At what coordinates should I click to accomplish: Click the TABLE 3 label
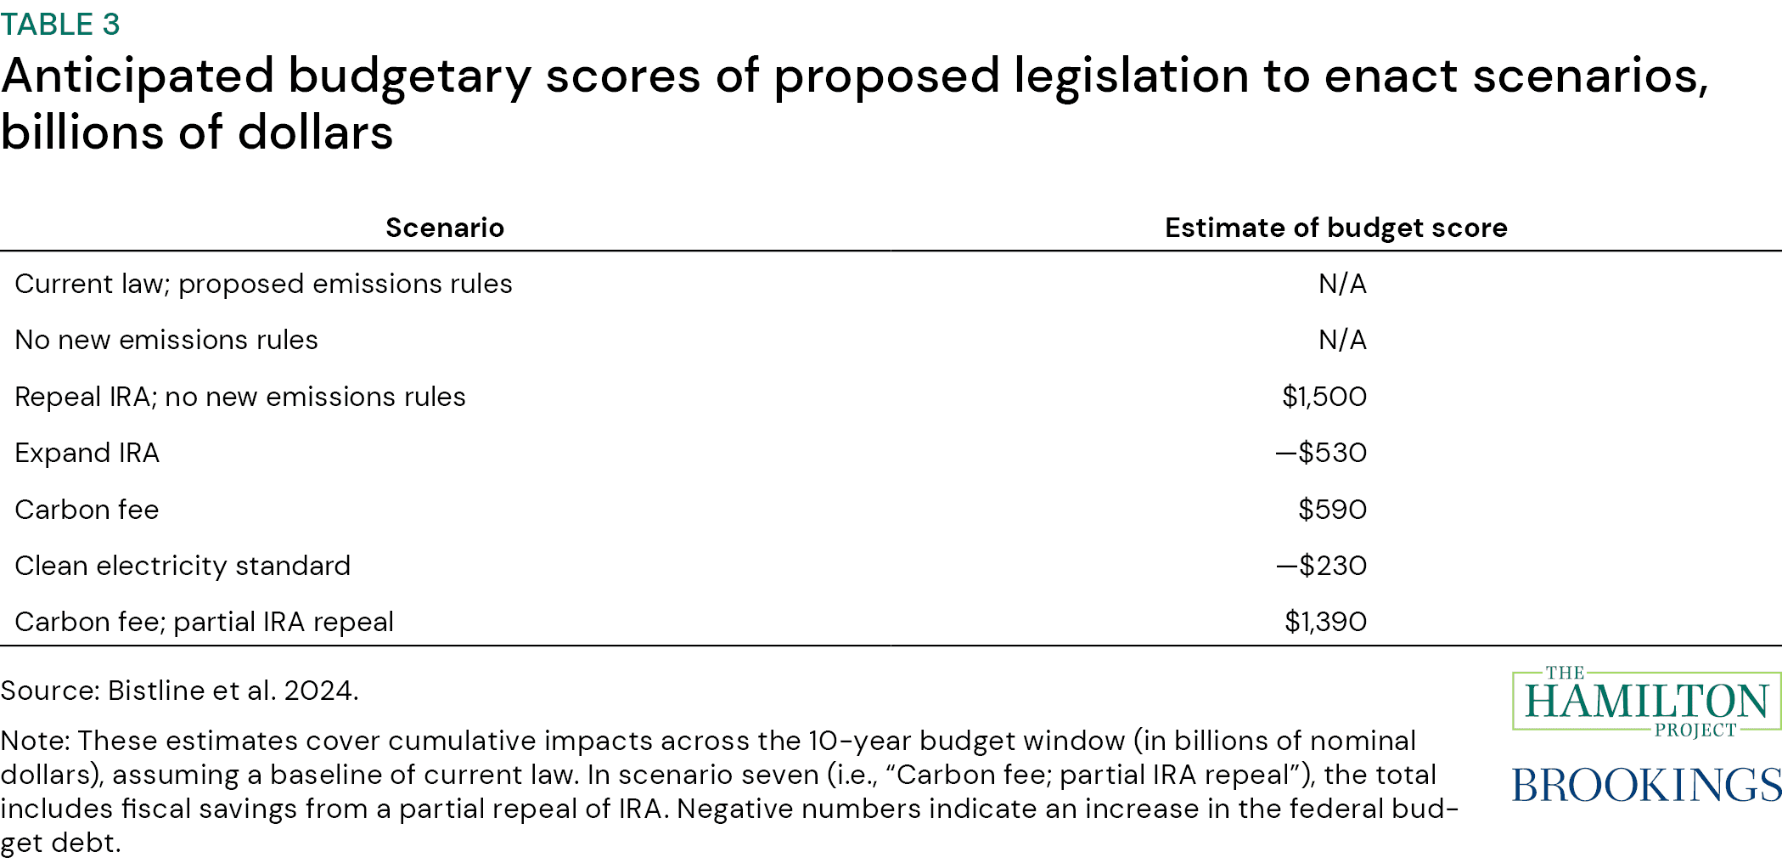point(60,25)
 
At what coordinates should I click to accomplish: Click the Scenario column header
point(445,228)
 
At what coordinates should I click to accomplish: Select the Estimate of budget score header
point(1335,228)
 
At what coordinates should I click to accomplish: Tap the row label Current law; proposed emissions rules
point(263,284)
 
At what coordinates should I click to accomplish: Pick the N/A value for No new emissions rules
point(1342,340)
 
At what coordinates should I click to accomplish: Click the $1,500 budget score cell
point(1324,397)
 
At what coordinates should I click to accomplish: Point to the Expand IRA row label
point(87,453)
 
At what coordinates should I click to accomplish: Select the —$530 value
point(1321,453)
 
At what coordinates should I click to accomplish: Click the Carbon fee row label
point(87,510)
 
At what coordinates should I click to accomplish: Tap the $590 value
point(1332,510)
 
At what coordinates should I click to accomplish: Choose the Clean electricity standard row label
point(183,566)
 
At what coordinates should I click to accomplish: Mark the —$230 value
point(1321,566)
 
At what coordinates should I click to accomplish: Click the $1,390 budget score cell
point(1325,622)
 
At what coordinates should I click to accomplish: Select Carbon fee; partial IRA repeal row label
point(204,622)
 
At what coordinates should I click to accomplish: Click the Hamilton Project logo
point(1645,702)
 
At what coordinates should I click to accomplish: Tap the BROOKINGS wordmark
point(1645,784)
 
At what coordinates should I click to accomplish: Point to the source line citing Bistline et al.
point(179,691)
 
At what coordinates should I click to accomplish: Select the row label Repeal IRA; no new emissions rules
point(240,397)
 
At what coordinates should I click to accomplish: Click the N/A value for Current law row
point(1342,284)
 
